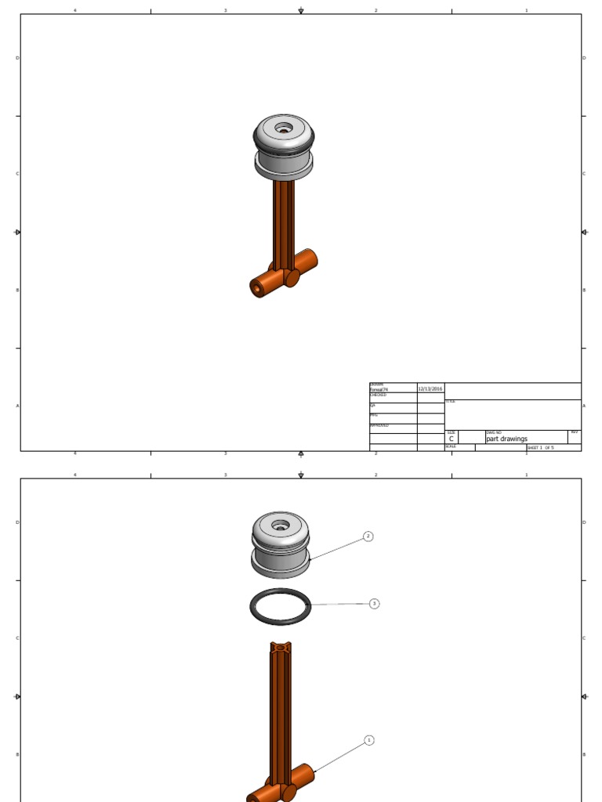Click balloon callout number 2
(368, 536)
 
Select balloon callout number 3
(374, 604)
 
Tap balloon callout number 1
(369, 740)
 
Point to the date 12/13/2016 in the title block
(430, 388)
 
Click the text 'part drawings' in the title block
(507, 439)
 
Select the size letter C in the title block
(451, 439)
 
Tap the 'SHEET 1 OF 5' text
(540, 448)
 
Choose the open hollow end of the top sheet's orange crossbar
(258, 288)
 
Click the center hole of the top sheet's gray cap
(283, 127)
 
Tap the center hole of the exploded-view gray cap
(280, 523)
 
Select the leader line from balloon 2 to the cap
(337, 548)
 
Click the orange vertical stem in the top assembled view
(283, 223)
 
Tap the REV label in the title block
(574, 432)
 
